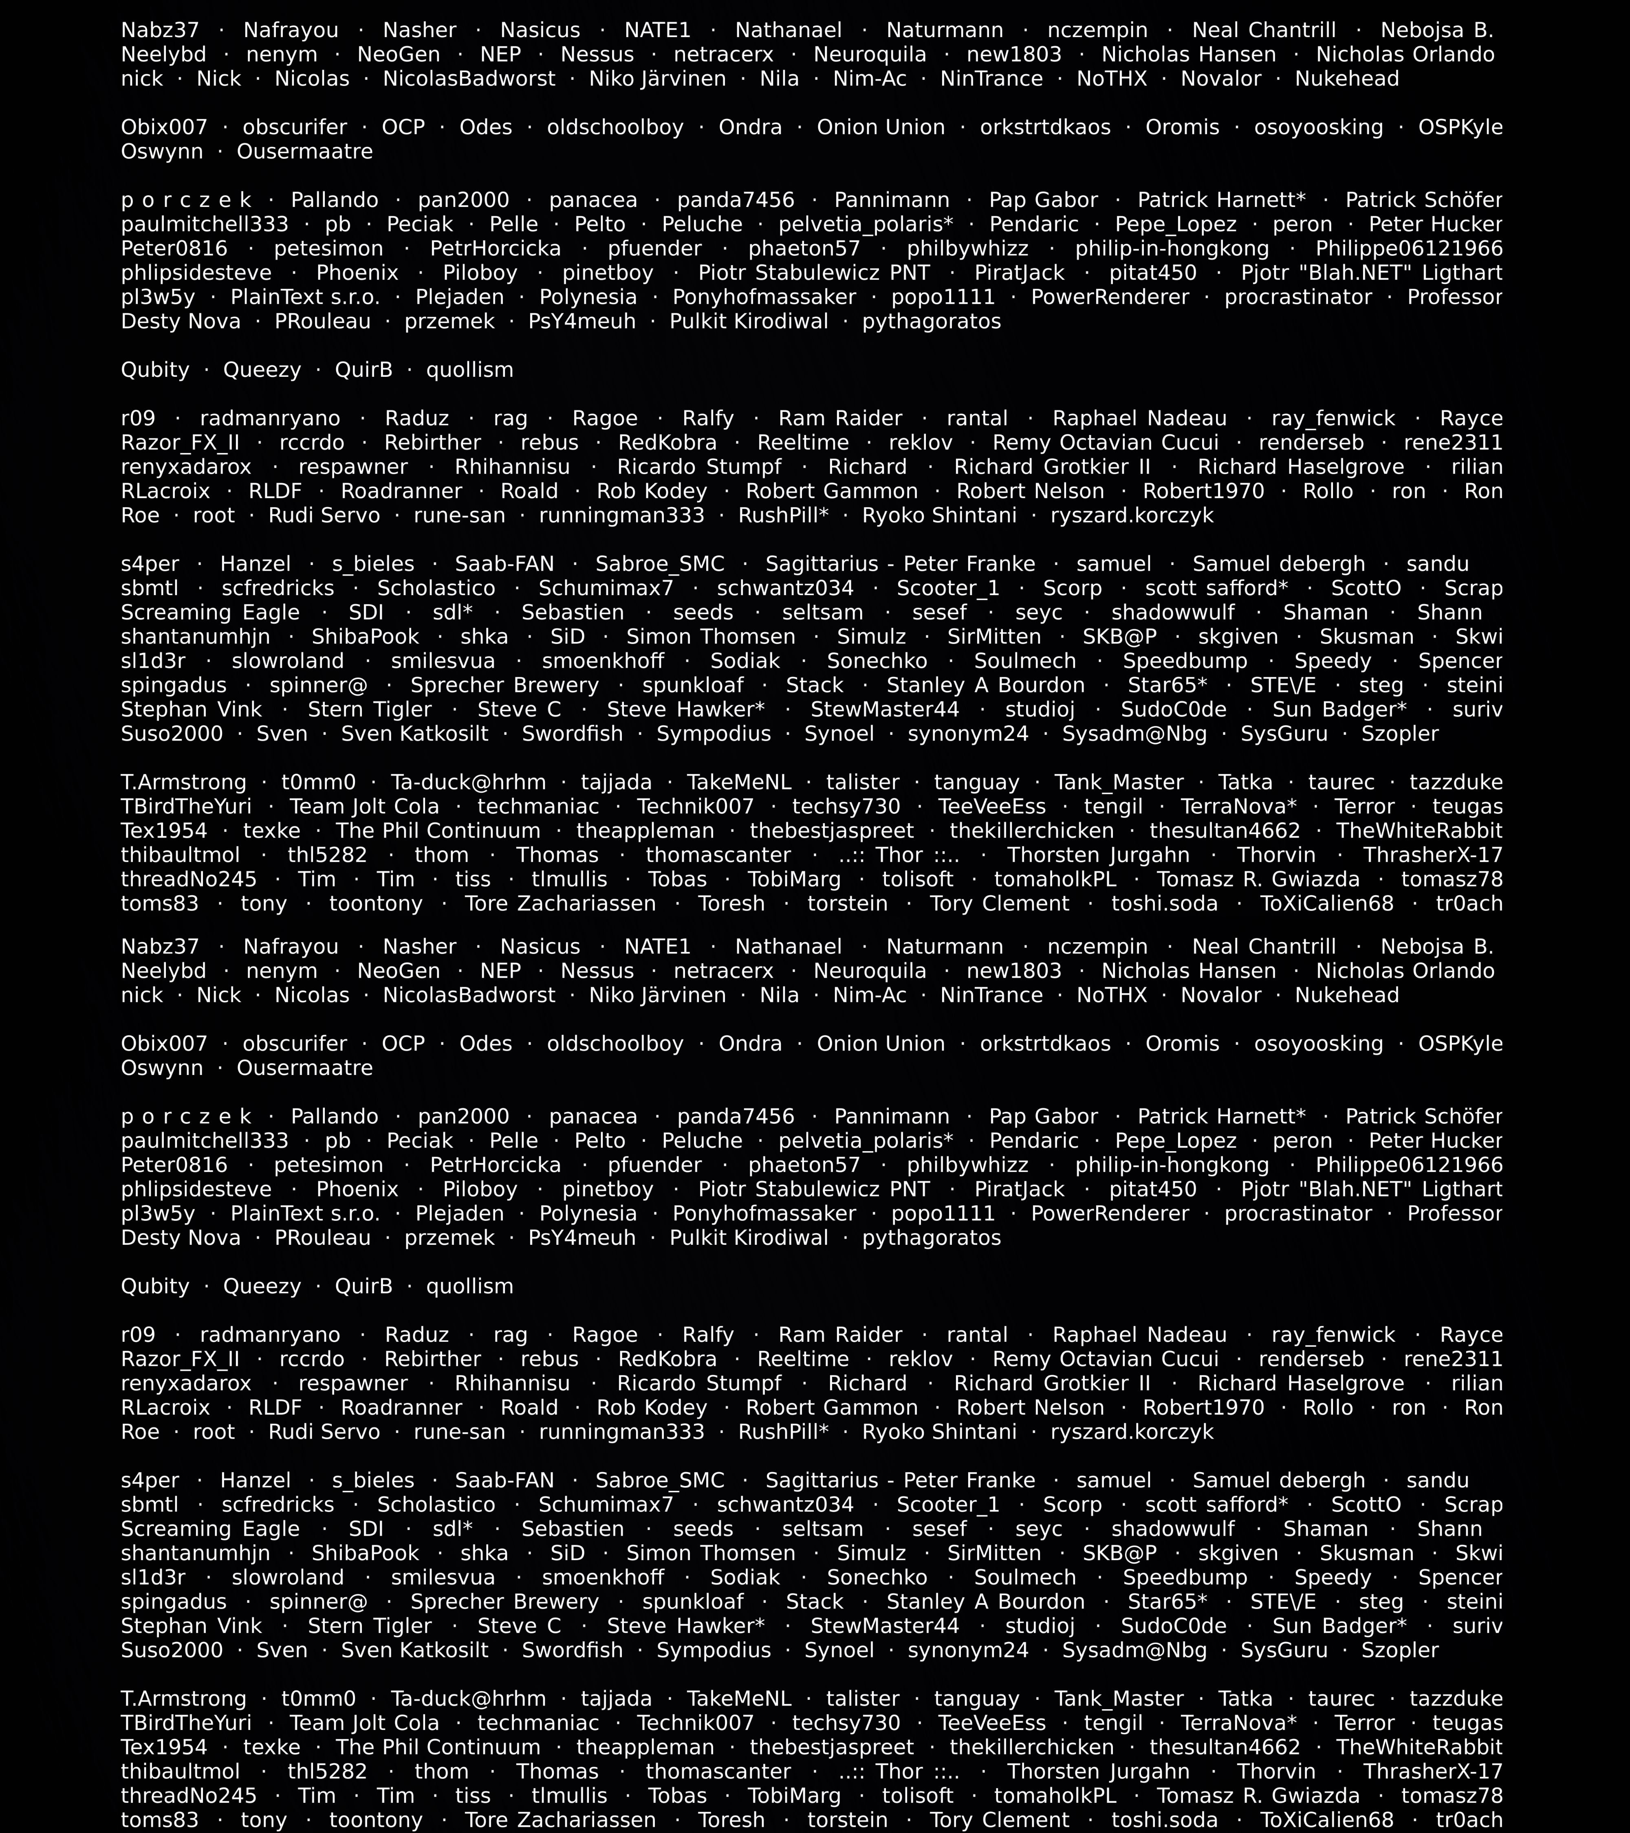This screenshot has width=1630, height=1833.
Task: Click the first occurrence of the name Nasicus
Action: point(540,31)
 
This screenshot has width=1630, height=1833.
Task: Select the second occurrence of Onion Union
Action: point(880,1044)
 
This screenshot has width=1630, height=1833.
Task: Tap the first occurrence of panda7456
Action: point(736,200)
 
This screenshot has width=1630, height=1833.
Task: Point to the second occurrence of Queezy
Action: point(262,1286)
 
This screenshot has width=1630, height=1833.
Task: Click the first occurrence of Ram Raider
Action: point(840,419)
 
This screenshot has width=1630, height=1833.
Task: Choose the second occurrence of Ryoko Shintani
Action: point(939,1432)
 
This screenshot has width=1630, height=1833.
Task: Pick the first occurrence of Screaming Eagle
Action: point(210,613)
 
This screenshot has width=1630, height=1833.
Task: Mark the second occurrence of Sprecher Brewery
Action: point(504,1602)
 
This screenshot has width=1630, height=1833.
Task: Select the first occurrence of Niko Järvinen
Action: point(658,79)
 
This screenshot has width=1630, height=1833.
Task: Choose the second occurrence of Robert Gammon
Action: point(832,1408)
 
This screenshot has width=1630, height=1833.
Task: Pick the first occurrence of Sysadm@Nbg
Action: point(1134,734)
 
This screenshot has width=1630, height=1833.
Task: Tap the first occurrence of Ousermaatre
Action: point(305,152)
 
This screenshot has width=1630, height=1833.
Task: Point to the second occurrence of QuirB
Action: point(363,1286)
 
